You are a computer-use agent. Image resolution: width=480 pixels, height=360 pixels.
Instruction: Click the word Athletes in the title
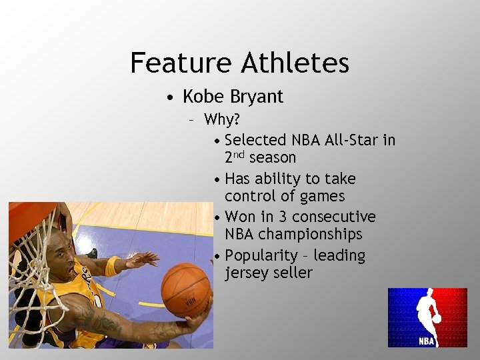tap(295, 63)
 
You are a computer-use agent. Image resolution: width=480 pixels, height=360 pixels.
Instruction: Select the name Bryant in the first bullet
tap(257, 97)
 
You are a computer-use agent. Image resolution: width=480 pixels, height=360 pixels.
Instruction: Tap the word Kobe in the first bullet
tap(203, 97)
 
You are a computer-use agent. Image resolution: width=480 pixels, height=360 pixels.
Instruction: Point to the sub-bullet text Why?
tap(222, 120)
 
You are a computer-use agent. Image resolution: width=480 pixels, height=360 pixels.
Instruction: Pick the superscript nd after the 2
tap(239, 154)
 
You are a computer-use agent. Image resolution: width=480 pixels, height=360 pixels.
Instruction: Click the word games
tap(323, 196)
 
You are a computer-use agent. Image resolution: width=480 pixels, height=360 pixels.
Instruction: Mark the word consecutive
tap(334, 217)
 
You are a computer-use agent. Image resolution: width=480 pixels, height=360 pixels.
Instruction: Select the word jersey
tap(246, 273)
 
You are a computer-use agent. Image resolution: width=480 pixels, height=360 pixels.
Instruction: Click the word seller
tap(293, 273)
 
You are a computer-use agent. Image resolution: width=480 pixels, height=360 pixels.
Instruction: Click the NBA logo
tap(427, 317)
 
